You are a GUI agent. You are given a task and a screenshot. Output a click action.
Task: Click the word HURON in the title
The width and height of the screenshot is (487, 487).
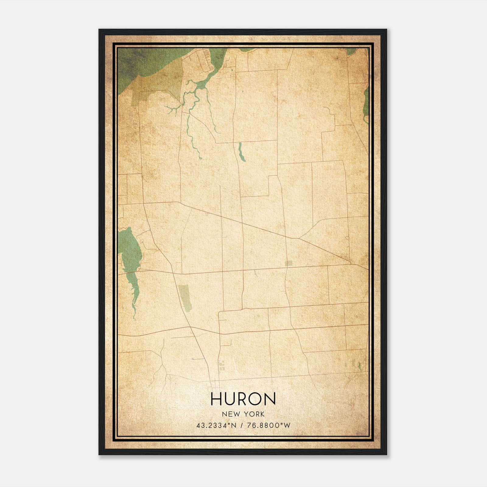243,399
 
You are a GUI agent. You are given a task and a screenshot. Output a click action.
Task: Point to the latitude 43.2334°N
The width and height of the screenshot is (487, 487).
216,425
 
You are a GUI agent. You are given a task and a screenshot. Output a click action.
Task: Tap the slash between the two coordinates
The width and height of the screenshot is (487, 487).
242,425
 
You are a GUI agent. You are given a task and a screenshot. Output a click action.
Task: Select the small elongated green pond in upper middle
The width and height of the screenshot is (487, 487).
241,152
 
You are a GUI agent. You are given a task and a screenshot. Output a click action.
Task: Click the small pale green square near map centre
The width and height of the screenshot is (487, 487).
288,264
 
